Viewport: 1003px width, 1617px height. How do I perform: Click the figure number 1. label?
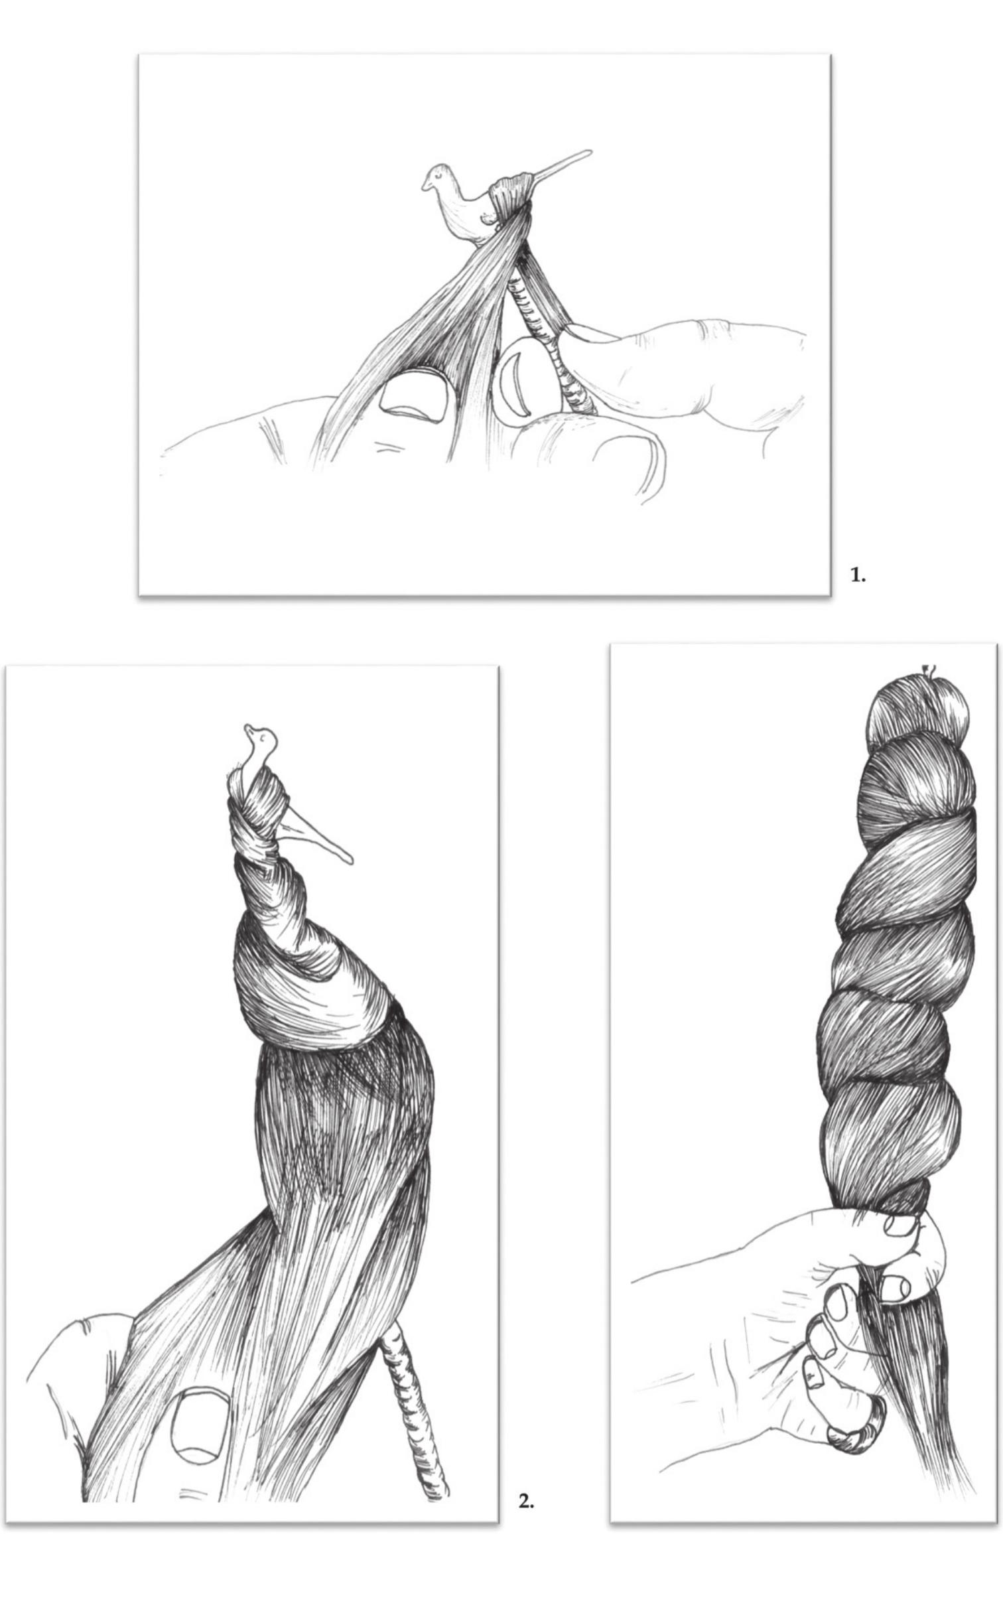tap(858, 575)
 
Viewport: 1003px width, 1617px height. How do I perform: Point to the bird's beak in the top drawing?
tap(424, 185)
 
